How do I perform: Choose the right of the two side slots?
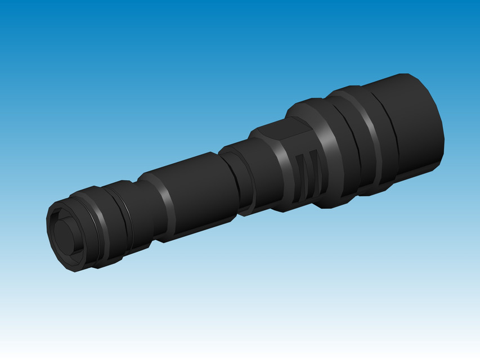315,174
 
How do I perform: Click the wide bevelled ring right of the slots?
332,152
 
